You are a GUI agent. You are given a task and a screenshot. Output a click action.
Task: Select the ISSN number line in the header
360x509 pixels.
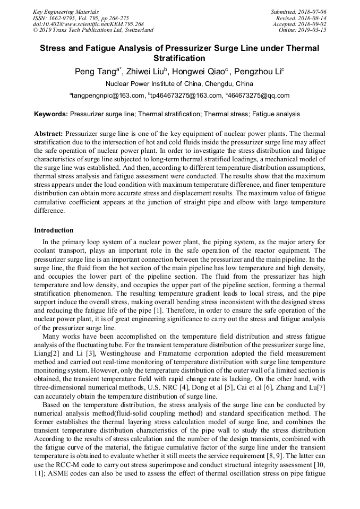[x=81, y=18]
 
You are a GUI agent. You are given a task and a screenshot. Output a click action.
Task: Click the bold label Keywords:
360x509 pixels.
[x=51, y=114]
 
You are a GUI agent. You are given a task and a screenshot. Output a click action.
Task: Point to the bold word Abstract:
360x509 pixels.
[x=48, y=134]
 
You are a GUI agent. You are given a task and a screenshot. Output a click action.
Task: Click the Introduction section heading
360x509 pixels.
[x=54, y=230]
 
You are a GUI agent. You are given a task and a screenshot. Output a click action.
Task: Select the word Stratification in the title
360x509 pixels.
[x=179, y=58]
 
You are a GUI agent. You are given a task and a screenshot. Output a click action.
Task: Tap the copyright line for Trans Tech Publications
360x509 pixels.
[x=93, y=30]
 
